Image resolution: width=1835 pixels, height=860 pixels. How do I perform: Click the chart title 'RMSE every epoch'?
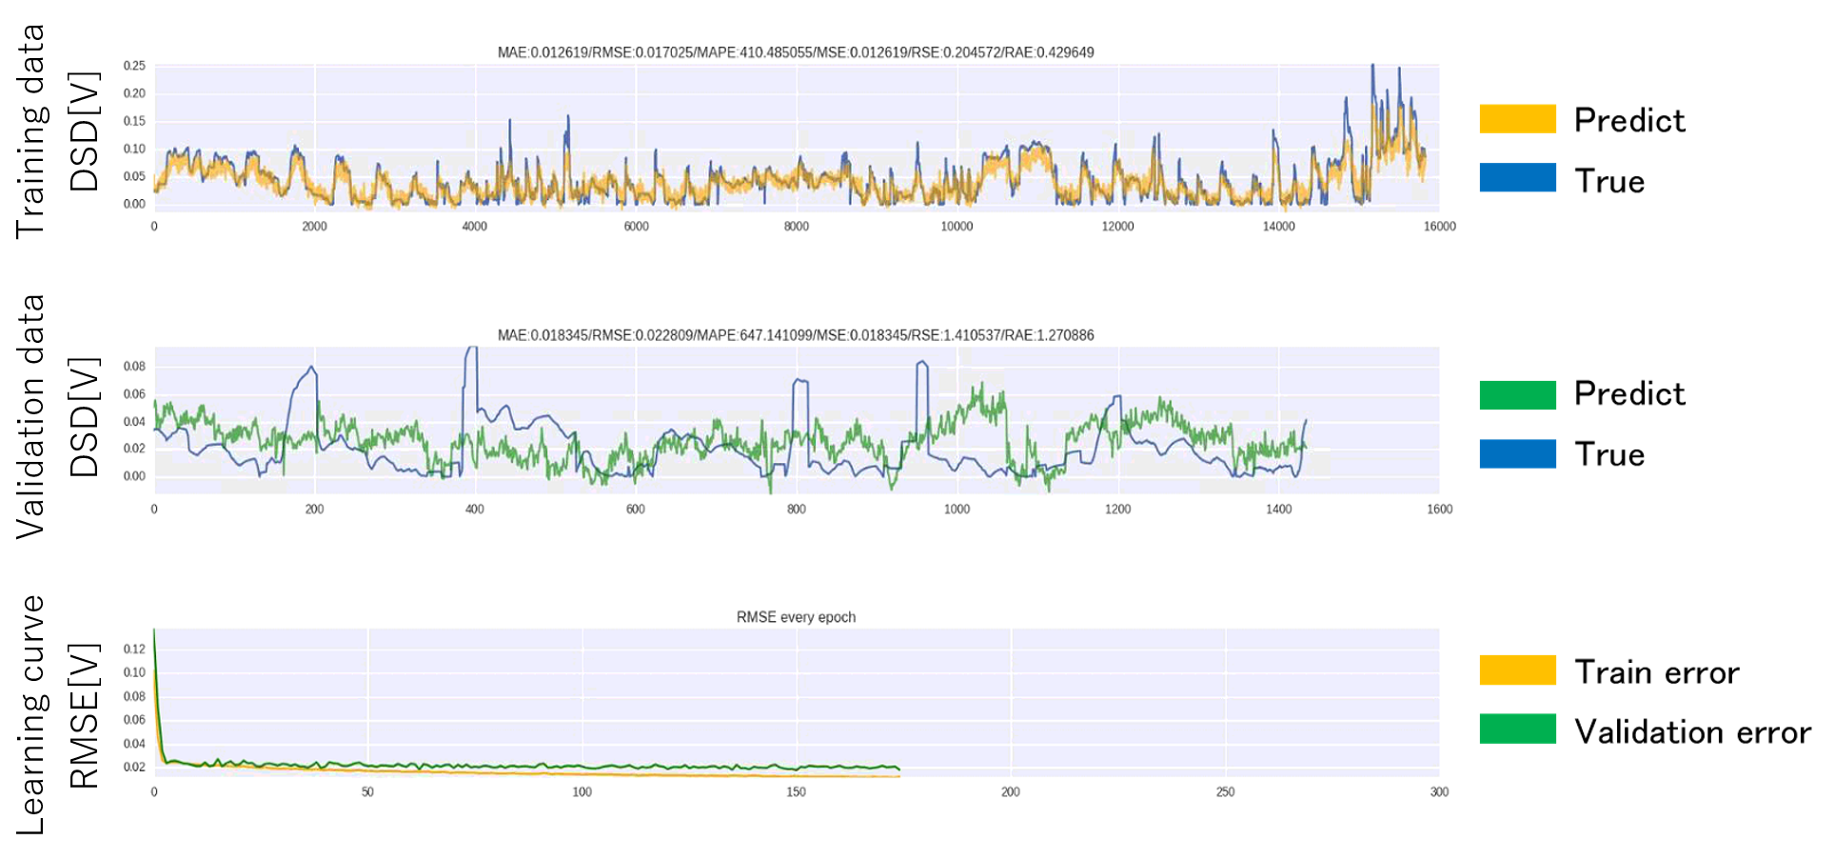[796, 617]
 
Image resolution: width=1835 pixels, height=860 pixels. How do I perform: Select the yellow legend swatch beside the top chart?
[1517, 119]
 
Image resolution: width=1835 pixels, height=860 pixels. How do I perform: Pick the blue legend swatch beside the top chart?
[1517, 178]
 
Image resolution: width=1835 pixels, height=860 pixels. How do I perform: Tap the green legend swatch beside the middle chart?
[1517, 395]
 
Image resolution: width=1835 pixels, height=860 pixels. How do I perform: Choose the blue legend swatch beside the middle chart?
[1517, 454]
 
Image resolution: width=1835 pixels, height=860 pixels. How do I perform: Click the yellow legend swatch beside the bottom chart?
[1517, 670]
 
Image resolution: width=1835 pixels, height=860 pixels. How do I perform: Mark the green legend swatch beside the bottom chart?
[1517, 729]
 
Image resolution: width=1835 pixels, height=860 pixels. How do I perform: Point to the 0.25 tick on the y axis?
[134, 66]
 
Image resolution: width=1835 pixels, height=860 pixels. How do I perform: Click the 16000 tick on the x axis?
[1439, 227]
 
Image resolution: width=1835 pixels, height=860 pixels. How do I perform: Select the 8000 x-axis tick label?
[797, 227]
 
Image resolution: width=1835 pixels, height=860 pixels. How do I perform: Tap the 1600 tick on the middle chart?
[1439, 510]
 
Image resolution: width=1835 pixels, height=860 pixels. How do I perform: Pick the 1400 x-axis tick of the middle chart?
[1278, 510]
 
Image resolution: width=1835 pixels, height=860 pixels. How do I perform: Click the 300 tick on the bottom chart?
[1439, 792]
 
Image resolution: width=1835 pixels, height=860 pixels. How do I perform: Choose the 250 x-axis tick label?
[1225, 792]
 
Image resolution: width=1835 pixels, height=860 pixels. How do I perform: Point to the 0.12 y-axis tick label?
[134, 650]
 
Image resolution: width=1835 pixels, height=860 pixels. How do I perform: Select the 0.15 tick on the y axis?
[134, 121]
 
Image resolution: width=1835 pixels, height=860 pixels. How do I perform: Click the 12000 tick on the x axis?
[1117, 227]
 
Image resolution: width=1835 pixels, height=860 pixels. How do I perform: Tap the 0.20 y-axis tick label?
[134, 93]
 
